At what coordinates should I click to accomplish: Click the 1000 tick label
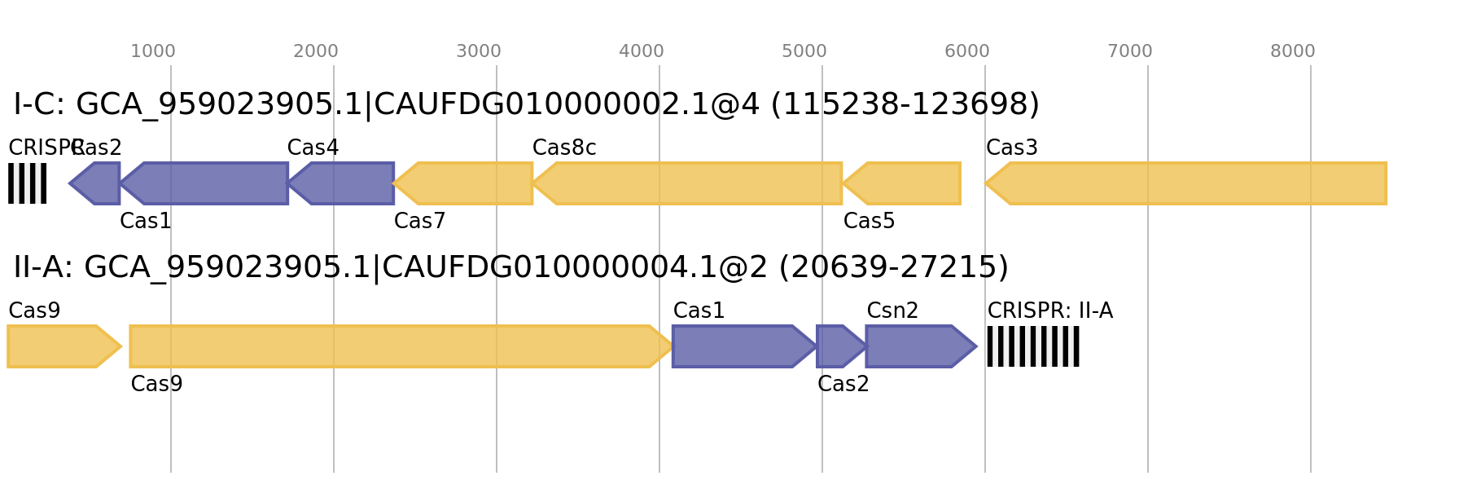tap(153, 51)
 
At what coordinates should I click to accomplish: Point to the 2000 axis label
tap(315, 51)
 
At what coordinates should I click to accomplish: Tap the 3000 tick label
tap(478, 51)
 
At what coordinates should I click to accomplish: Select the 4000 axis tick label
tap(642, 51)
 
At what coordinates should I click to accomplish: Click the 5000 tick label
tap(804, 51)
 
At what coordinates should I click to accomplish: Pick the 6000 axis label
tap(966, 51)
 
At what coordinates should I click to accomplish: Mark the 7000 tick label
tap(1129, 51)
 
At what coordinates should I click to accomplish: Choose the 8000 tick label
tap(1292, 51)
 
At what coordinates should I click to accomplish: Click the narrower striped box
tap(27, 183)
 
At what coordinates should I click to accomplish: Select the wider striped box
tap(1032, 346)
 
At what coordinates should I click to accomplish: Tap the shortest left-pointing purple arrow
tap(96, 183)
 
